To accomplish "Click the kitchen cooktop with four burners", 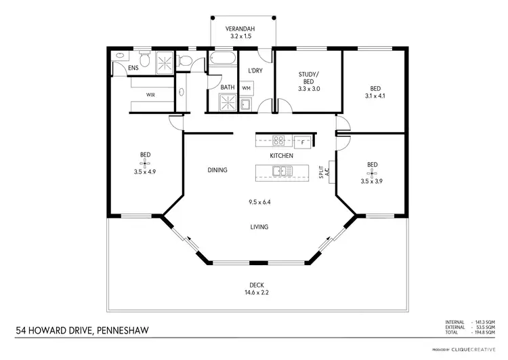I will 278,142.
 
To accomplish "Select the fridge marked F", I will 302,142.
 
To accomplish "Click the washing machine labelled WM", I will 246,89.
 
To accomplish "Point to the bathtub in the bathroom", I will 222,60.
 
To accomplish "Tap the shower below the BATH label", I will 227,103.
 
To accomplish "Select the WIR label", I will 150,95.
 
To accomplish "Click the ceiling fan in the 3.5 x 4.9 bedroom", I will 145,162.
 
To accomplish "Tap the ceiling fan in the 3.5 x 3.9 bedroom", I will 372,172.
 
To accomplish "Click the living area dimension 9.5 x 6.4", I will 259,202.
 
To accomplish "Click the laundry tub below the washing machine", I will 247,104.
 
